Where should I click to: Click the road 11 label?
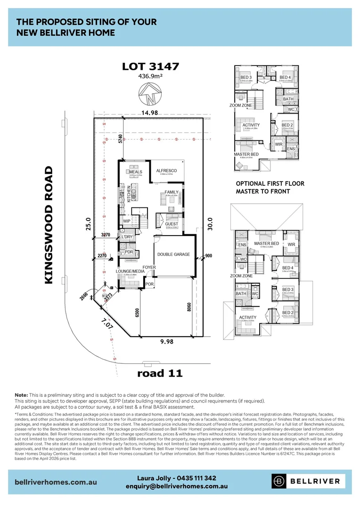[x=160, y=373]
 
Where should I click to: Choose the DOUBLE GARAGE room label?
[x=173, y=254]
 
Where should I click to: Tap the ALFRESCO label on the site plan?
[x=166, y=170]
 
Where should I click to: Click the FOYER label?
[x=149, y=267]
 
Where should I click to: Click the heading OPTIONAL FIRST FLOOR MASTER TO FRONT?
[x=270, y=187]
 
